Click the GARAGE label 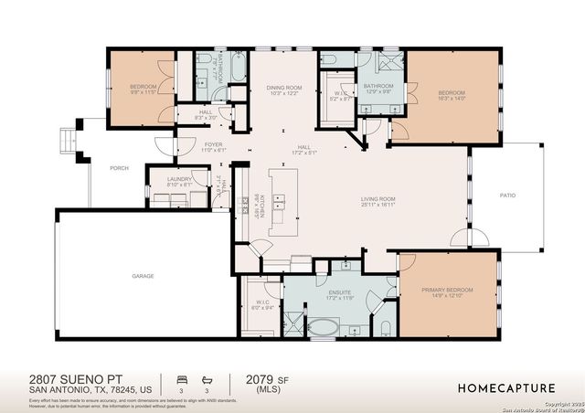[143, 275]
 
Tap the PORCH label [119, 167]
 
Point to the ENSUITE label [340, 295]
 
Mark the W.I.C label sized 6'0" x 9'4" [262, 305]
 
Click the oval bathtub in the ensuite [323, 326]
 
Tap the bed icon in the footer [181, 377]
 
